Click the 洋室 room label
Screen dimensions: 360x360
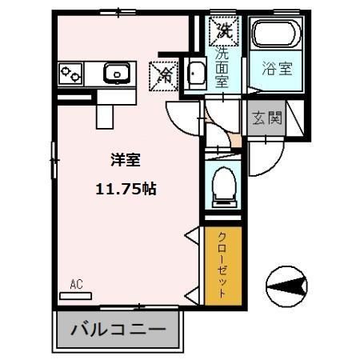(126, 160)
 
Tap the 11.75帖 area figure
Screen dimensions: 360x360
(126, 190)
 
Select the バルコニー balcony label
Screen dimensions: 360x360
(120, 328)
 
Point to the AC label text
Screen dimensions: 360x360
(77, 284)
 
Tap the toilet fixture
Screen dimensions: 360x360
(223, 186)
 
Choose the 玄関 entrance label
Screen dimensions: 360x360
(266, 119)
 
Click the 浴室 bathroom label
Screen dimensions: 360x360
(276, 70)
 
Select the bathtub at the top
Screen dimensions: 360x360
(275, 36)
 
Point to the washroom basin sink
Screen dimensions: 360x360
(195, 74)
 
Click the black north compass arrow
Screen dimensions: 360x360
(289, 284)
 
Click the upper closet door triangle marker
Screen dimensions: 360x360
(192, 235)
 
